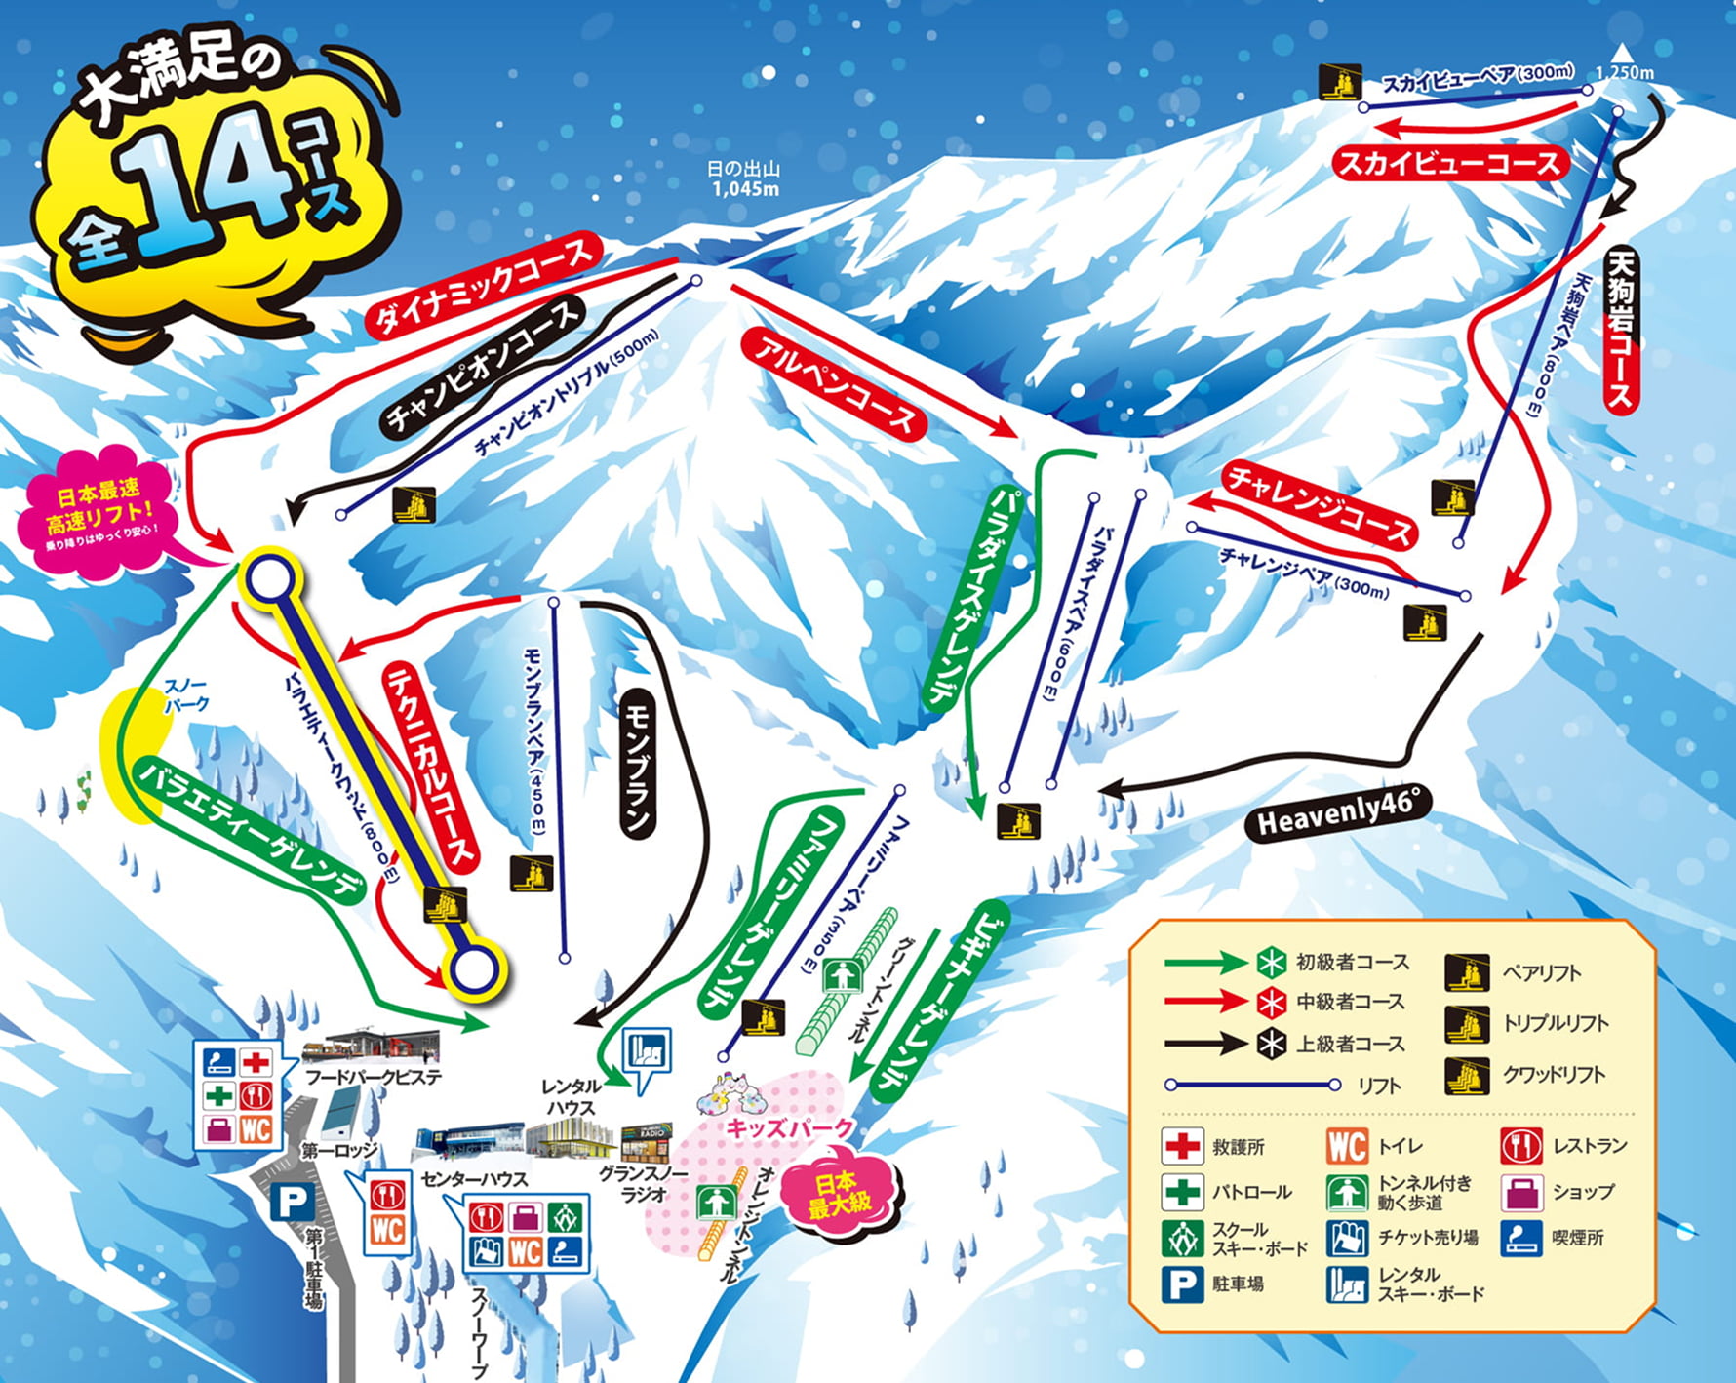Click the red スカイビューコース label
pyautogui.click(x=1450, y=163)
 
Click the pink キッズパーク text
pyautogui.click(x=790, y=1128)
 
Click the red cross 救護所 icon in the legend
pyautogui.click(x=1182, y=1145)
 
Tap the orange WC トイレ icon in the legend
pyautogui.click(x=1347, y=1145)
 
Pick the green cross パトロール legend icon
pyautogui.click(x=1182, y=1192)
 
